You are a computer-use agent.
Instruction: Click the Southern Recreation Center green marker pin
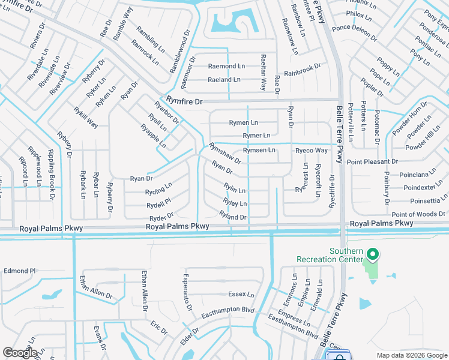pyautogui.click(x=372, y=255)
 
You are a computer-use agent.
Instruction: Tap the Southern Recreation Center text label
pyautogui.click(x=330, y=255)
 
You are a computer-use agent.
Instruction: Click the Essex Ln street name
pyautogui.click(x=241, y=295)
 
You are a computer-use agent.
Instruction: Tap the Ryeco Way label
pyautogui.click(x=312, y=150)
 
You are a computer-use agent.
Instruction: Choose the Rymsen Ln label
pyautogui.click(x=259, y=149)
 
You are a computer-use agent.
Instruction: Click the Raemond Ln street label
pyautogui.click(x=226, y=65)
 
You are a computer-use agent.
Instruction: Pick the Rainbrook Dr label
pyautogui.click(x=307, y=71)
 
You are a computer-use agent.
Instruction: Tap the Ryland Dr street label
pyautogui.click(x=233, y=215)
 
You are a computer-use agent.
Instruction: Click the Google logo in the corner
pyautogui.click(x=20, y=353)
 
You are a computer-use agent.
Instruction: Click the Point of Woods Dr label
pyautogui.click(x=418, y=214)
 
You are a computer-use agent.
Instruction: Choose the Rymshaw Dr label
pyautogui.click(x=225, y=152)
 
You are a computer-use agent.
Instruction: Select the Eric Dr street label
pyautogui.click(x=159, y=328)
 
